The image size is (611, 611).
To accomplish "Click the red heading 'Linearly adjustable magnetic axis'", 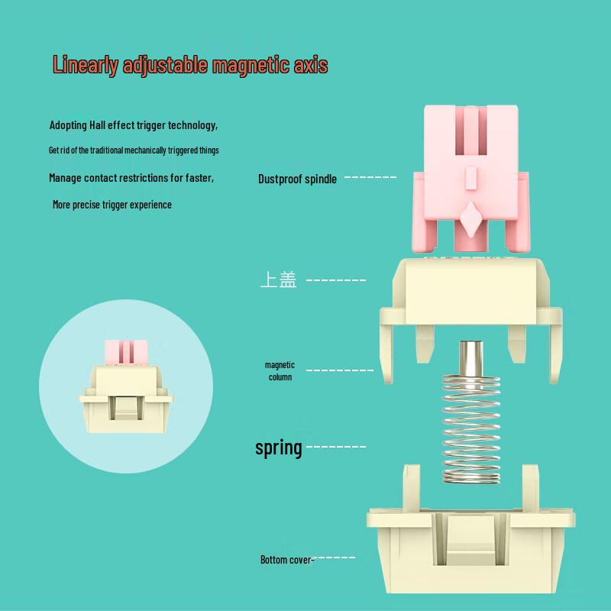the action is point(190,65).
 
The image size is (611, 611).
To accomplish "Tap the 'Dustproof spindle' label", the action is point(297,179).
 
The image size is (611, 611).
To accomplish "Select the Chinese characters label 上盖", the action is point(278,280).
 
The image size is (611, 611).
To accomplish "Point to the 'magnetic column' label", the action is point(280,370).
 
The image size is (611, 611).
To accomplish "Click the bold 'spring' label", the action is point(279,448).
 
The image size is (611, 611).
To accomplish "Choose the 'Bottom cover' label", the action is point(286,560).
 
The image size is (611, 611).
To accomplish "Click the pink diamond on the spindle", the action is point(470,219).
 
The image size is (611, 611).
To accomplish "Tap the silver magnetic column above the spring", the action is point(471,358).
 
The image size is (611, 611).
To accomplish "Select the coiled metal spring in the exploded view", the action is point(471,428).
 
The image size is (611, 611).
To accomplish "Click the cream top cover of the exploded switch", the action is point(470,308).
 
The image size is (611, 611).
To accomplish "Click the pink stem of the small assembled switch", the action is point(126,352).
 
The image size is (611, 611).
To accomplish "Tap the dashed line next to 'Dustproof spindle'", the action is point(370,177).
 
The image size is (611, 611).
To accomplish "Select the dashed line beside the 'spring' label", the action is point(336,447).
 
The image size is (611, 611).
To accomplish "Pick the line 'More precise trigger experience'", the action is point(112,205).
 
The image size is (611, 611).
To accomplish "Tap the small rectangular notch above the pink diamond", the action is point(470,178).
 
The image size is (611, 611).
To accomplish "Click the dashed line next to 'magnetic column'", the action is point(340,370).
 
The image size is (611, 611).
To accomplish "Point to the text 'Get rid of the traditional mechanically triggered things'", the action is point(134,150).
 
